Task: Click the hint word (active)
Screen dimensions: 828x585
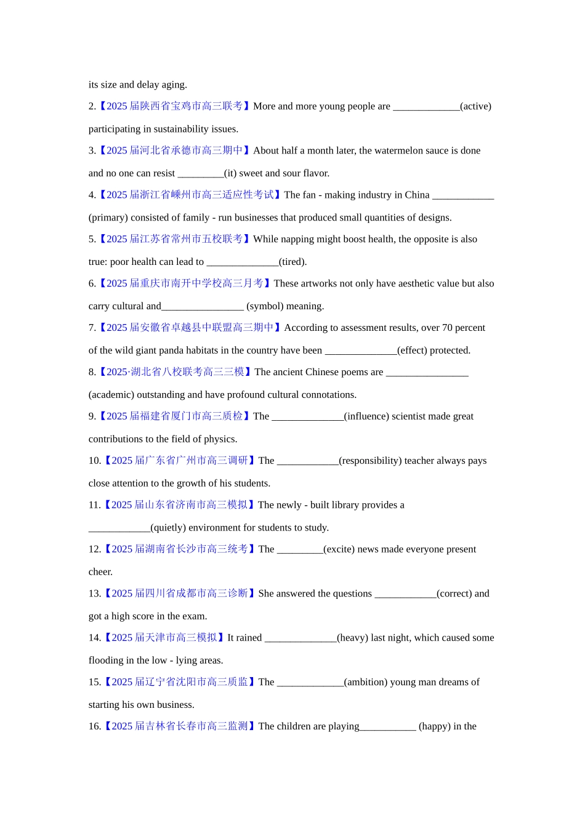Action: [475, 106]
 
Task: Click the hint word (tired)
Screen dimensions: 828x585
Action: [292, 262]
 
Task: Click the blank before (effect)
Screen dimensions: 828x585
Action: [361, 351]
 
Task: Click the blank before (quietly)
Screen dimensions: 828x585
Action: [119, 527]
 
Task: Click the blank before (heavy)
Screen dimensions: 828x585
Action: [301, 638]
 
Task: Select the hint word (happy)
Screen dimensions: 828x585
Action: [434, 726]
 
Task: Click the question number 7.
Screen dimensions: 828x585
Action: [92, 328]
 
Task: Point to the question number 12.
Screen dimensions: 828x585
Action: [94, 550]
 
